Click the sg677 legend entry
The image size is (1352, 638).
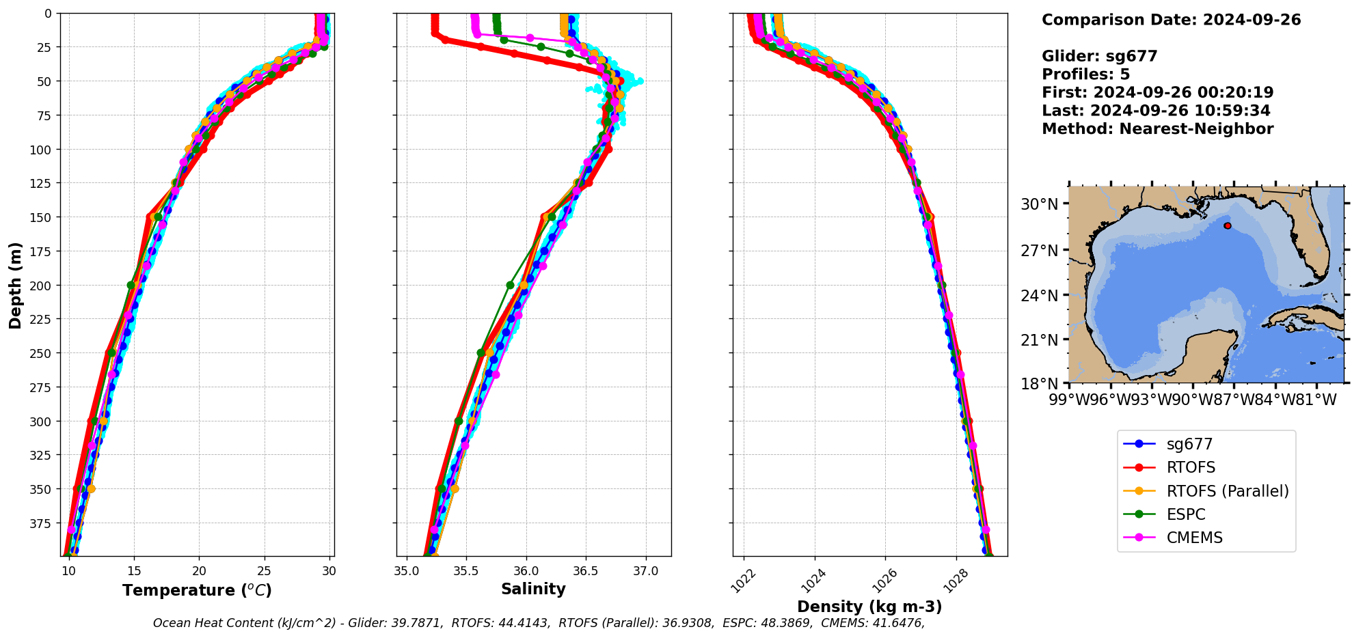coord(1189,444)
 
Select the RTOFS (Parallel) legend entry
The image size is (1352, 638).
coord(1227,491)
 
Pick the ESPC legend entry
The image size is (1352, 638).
coord(1185,514)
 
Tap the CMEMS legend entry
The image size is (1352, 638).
coord(1194,538)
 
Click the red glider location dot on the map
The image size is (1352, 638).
coord(1228,225)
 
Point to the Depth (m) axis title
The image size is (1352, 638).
coord(15,285)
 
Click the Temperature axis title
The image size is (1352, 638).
coord(197,590)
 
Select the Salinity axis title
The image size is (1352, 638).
coord(533,589)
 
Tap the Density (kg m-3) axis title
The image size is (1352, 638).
coord(869,607)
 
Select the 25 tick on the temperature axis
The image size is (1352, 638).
coord(265,571)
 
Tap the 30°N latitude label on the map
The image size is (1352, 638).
coord(1040,204)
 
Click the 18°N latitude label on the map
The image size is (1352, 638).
coord(1040,384)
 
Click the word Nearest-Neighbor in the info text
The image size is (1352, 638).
coord(1196,129)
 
